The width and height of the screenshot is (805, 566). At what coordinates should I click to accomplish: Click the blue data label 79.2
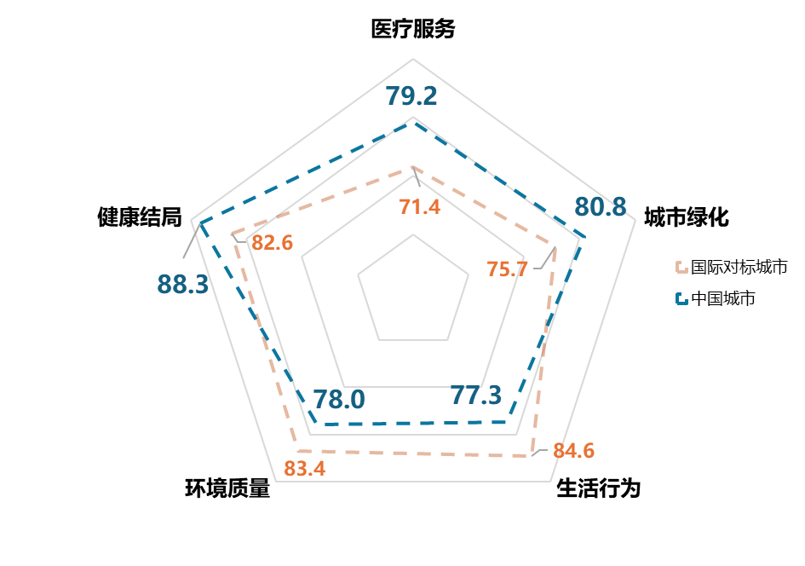[411, 96]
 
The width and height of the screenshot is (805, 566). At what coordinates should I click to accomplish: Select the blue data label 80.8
[600, 207]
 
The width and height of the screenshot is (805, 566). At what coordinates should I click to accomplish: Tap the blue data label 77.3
[476, 396]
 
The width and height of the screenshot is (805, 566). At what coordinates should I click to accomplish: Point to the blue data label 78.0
[339, 400]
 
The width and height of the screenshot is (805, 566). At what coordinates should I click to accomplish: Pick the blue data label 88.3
[182, 284]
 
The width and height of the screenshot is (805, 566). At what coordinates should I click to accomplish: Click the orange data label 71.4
[420, 206]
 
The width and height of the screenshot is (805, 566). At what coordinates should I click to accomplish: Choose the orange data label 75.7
[507, 269]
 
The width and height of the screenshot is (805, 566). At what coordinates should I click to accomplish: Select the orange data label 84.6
[573, 451]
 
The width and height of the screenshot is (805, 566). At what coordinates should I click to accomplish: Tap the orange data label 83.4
[305, 469]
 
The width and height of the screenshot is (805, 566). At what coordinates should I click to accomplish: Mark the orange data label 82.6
[273, 243]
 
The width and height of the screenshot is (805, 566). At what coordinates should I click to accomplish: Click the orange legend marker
[681, 268]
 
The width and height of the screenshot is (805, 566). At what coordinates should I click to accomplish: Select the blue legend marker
[681, 298]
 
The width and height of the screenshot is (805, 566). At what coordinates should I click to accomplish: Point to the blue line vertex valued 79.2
[413, 122]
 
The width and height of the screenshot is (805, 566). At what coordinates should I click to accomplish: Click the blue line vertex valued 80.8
[585, 236]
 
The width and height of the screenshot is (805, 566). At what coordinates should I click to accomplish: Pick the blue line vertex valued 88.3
[202, 223]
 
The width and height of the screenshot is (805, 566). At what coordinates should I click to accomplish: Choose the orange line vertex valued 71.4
[413, 167]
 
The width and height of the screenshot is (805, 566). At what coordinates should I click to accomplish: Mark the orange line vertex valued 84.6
[532, 456]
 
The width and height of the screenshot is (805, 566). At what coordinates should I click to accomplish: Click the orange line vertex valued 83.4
[297, 450]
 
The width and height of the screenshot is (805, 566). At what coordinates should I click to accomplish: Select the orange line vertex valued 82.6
[232, 233]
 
